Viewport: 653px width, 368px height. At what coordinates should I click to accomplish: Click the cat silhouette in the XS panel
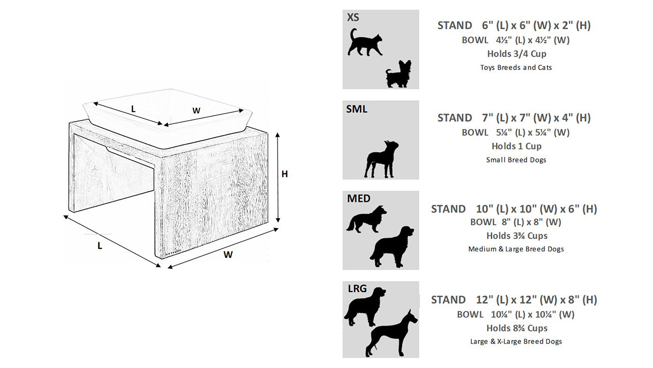[x=365, y=44]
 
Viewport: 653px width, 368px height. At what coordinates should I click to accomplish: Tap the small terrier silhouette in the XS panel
[x=398, y=75]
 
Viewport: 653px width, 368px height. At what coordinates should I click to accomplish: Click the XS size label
[x=353, y=17]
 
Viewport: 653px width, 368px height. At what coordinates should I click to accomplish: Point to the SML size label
[x=357, y=109]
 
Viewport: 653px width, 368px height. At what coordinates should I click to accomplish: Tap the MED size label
[x=359, y=199]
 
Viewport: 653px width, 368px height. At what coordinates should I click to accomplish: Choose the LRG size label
[x=357, y=289]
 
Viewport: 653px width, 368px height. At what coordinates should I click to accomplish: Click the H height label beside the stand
[x=285, y=174]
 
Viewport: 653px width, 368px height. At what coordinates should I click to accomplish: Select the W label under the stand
[x=228, y=255]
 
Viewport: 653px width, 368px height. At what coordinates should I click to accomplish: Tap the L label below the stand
[x=99, y=246]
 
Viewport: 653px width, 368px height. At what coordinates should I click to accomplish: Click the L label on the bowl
[x=133, y=109]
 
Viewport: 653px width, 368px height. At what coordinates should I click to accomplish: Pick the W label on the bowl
[x=196, y=111]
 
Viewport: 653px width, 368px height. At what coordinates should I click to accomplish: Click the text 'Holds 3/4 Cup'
[x=517, y=54]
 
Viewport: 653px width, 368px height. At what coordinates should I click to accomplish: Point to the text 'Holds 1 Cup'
[x=516, y=146]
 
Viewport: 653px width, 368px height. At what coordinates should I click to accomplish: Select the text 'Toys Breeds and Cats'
[x=516, y=67]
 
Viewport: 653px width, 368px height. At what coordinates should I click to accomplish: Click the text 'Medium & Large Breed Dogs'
[x=516, y=249]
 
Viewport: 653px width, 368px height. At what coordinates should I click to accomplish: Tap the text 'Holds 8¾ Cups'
[x=517, y=328]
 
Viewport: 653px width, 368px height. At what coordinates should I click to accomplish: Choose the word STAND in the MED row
[x=448, y=209]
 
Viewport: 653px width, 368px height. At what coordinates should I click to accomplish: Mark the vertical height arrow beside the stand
[x=278, y=177]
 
